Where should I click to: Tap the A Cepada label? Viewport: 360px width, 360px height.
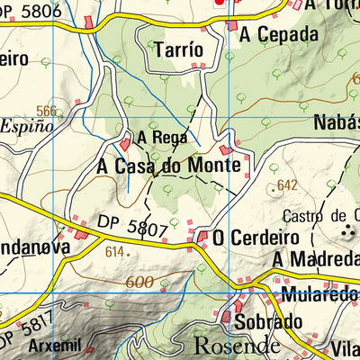[280, 35]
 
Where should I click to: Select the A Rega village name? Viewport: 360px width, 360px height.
[163, 139]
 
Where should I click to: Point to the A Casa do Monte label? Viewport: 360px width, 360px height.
[168, 166]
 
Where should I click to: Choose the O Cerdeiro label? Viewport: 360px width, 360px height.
[249, 238]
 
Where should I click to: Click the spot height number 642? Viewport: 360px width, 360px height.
[288, 185]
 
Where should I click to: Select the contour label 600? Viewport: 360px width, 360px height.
[139, 282]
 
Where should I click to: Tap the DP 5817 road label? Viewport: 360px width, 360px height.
[18, 332]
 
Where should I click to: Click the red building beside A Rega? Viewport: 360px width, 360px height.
[124, 144]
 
